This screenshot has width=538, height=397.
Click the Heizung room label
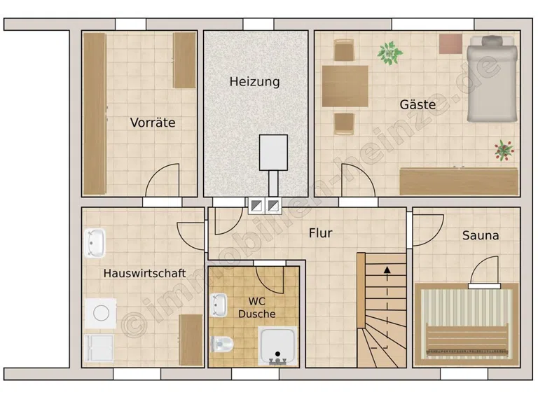pos(254,82)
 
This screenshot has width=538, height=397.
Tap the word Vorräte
pos(153,123)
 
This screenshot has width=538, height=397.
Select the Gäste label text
pos(418,104)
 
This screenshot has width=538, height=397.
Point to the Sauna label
pos(481,235)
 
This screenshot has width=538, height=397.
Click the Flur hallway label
pos(320,233)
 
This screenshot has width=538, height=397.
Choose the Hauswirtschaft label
pos(144,273)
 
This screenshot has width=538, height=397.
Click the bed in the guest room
pos(492,79)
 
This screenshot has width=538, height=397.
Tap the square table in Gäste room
pos(345,86)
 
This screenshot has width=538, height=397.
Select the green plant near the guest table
pos(389,53)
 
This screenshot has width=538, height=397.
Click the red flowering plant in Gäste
pos(504,150)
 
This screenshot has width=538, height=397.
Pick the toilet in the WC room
pos(222,344)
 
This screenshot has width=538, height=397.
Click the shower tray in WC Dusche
pos(277,346)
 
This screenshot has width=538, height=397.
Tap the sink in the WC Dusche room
pos(219,305)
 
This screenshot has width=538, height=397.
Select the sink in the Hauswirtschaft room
pos(95,243)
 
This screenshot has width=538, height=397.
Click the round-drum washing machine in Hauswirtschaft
pos(101,313)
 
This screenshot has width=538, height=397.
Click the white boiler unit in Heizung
pos(273,152)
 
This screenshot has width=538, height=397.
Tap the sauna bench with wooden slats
pos(467,340)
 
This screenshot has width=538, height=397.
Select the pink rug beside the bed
pos(450,44)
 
